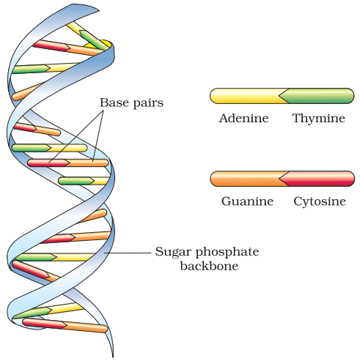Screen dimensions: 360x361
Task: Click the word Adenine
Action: [243, 118]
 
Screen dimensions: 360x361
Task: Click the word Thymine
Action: [318, 118]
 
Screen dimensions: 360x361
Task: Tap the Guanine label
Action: [247, 201]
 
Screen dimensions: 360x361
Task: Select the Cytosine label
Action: [320, 201]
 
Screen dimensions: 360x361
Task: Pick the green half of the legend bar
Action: [317, 96]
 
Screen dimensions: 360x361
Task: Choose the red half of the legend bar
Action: [317, 179]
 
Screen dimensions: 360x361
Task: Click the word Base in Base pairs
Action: [114, 103]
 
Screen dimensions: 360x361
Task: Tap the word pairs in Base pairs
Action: [148, 103]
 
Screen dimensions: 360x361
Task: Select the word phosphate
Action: [227, 253]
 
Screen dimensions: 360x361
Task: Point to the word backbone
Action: [209, 266]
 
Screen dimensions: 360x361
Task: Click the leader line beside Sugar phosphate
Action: [128, 253]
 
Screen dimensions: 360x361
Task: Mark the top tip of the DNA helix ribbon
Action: [99, 10]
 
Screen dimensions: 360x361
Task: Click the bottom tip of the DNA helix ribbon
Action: [113, 357]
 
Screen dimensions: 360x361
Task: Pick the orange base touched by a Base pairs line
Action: [87, 163]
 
